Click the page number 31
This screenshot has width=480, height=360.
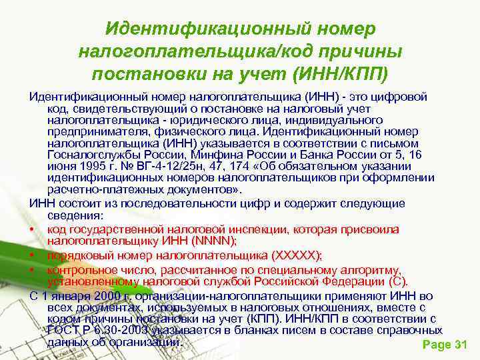(x=460, y=345)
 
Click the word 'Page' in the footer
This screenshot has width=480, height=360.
(x=438, y=345)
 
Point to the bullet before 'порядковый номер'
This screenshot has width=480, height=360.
(x=32, y=255)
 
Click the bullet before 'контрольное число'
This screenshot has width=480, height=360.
(x=32, y=270)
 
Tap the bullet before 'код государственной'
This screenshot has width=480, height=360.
(x=32, y=229)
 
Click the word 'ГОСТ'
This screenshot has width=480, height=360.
(x=65, y=331)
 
